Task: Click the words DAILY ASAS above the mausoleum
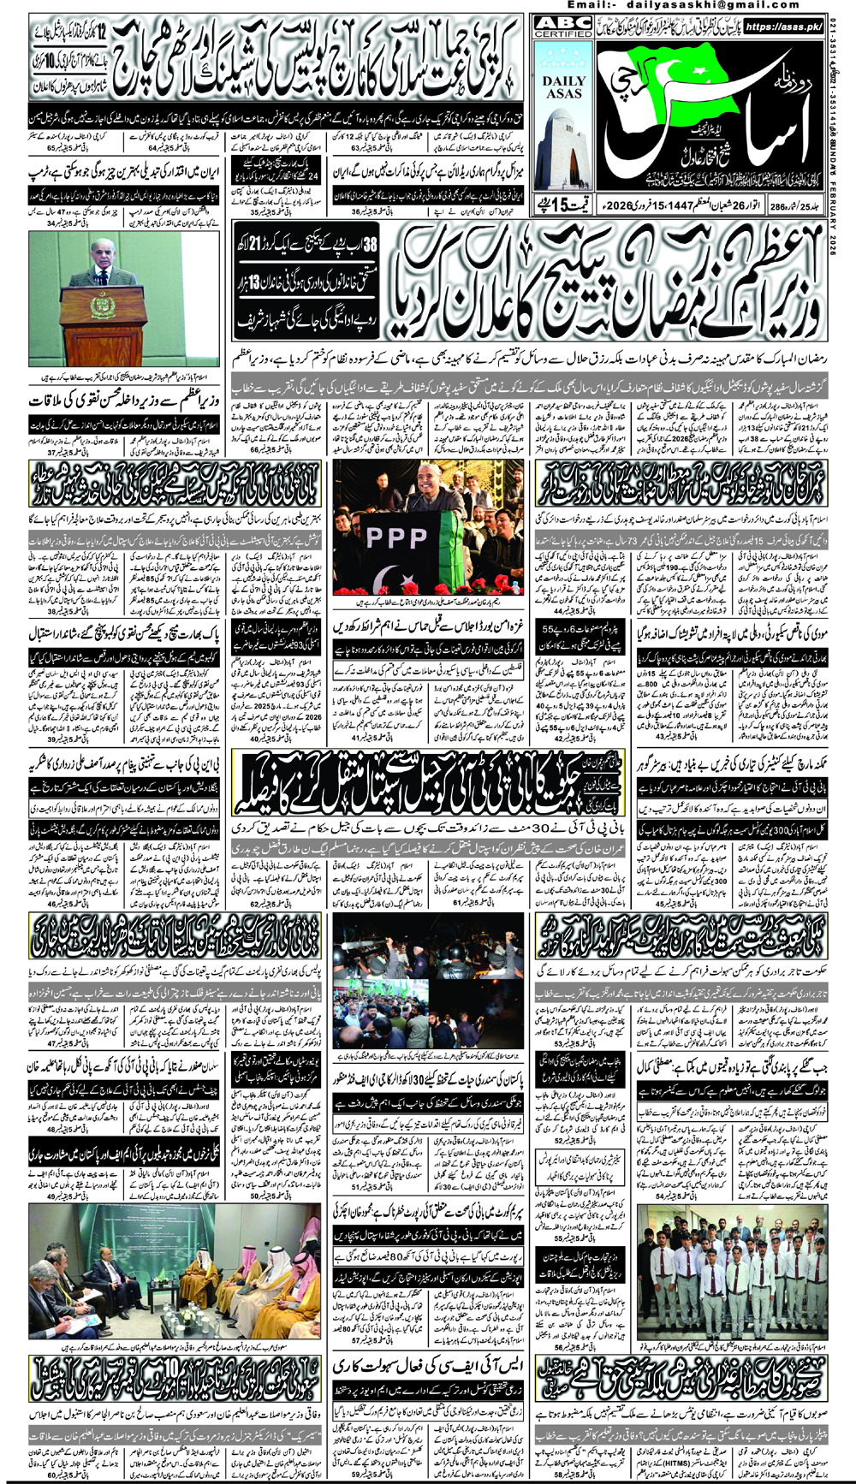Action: pos(563,86)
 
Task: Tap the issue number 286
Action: pos(777,206)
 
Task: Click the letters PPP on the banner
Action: pos(395,537)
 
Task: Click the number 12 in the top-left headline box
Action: pos(101,34)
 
